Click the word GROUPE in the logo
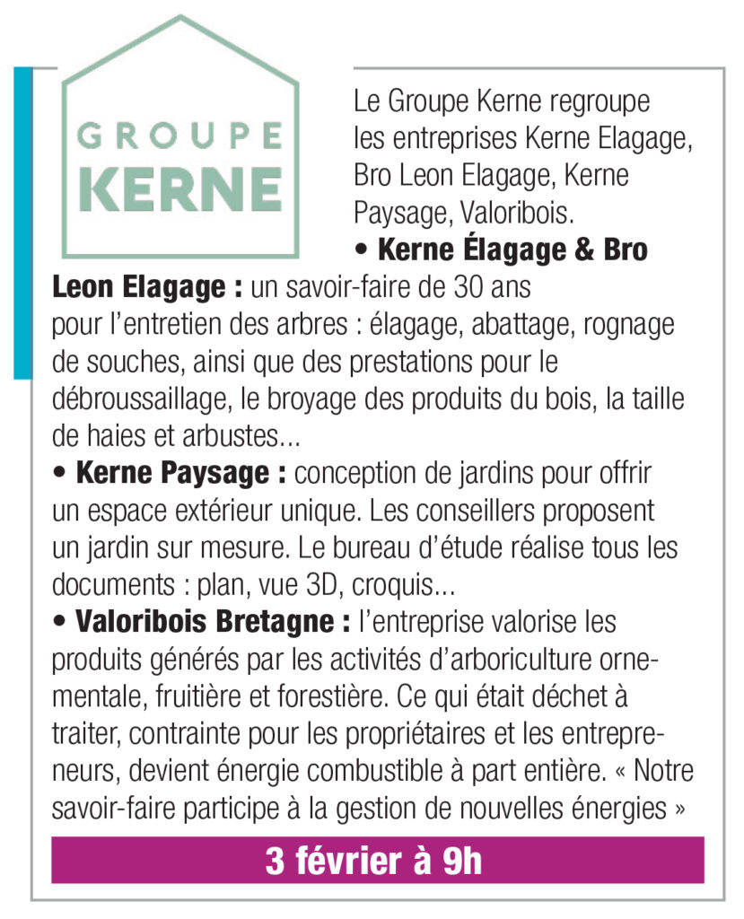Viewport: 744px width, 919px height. coord(179,137)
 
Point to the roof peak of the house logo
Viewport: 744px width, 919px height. coord(180,18)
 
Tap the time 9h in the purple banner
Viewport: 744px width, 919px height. coord(462,862)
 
